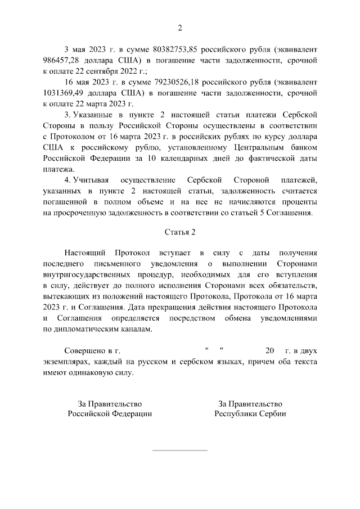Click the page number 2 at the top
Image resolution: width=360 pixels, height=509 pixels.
(x=180, y=28)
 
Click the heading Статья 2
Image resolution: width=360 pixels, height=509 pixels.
(x=180, y=231)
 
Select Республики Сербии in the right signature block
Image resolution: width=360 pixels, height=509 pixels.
(x=250, y=413)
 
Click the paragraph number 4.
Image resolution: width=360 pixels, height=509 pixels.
(x=67, y=179)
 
